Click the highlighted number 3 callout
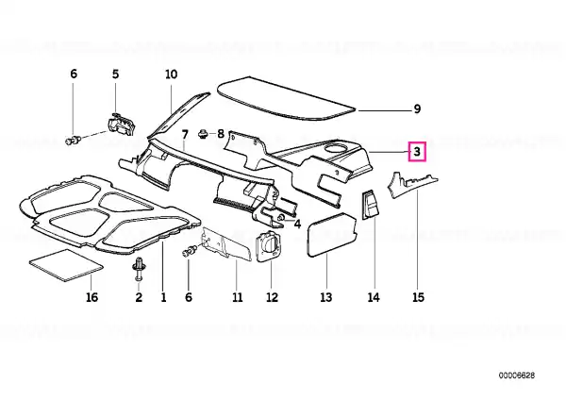tap(417, 152)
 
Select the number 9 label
tap(417, 108)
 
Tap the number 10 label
tap(172, 74)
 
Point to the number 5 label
tap(115, 74)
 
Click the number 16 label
tap(92, 297)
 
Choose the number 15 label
tap(418, 297)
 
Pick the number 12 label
tap(273, 297)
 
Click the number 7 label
tap(185, 135)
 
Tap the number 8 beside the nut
tap(221, 134)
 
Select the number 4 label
tap(297, 225)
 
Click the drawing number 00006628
tap(517, 375)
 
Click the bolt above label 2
tap(139, 269)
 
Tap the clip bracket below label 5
tap(121, 124)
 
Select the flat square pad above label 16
tap(66, 265)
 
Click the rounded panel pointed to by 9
tap(286, 97)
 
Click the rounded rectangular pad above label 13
tap(331, 234)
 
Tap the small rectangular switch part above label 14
tap(370, 206)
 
